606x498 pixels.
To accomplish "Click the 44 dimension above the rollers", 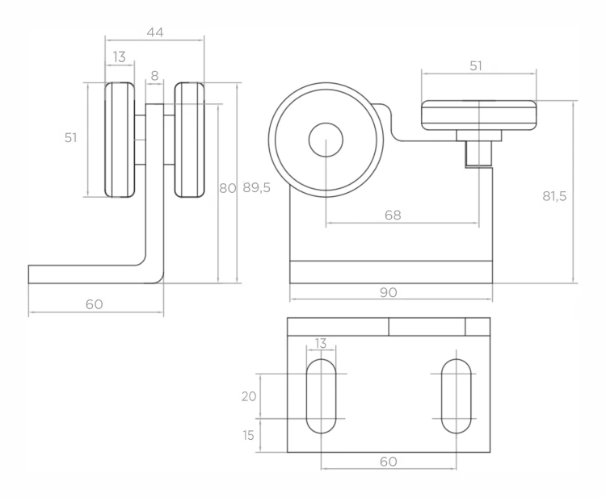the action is [x=155, y=32].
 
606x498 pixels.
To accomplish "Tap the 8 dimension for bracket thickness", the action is [x=154, y=76].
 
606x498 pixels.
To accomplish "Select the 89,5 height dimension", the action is [x=257, y=188].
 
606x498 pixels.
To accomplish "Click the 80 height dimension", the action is [x=227, y=188].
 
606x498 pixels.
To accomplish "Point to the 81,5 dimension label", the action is [x=554, y=196].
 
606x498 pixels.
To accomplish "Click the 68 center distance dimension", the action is [x=393, y=215].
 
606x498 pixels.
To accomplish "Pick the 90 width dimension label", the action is [x=389, y=293].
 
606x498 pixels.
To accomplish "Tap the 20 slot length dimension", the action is [x=249, y=396].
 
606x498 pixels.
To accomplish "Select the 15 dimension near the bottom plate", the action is [x=249, y=436].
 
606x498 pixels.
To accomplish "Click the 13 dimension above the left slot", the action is [x=321, y=343].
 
